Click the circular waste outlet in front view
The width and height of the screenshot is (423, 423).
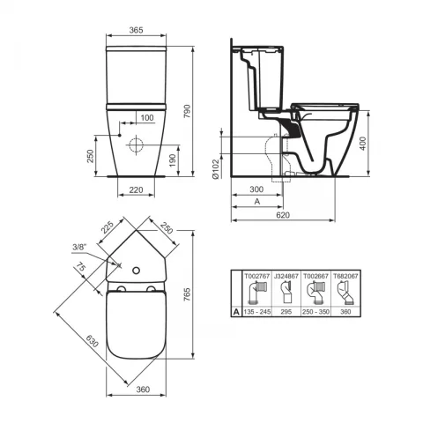click(138, 145)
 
